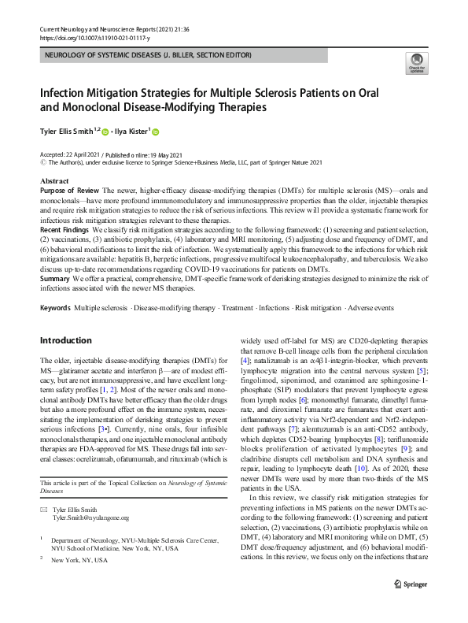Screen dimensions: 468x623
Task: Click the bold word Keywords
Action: (55, 305)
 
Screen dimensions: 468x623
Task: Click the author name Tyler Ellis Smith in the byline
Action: (67, 132)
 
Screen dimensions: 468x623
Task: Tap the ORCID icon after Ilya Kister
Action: (156, 132)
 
